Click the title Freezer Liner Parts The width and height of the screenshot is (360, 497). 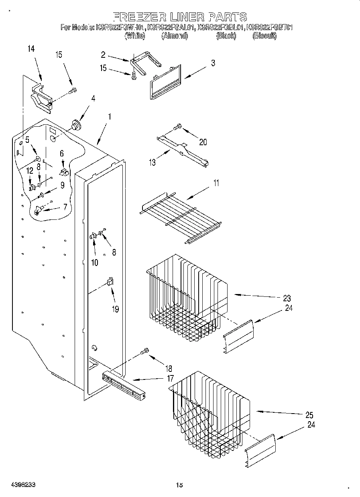tap(180, 16)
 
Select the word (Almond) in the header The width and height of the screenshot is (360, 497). tap(174, 36)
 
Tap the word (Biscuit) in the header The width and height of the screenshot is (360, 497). tap(264, 36)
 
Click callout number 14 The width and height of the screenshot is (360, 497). tap(31, 49)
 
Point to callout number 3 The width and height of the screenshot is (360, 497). tap(213, 63)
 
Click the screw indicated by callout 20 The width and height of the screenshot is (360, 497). tap(177, 128)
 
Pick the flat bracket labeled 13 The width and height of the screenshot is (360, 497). tap(183, 150)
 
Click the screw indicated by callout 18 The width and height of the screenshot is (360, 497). tap(145, 352)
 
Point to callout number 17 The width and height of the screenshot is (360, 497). tap(170, 378)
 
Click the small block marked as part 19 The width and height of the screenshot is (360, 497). tap(110, 282)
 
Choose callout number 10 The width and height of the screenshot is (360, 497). tap(95, 263)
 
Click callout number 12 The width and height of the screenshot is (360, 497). tap(29, 170)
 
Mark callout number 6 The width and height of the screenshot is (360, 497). tap(61, 153)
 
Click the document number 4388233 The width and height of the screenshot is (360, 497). tap(23, 485)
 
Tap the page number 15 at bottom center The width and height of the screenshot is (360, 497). tap(179, 485)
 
